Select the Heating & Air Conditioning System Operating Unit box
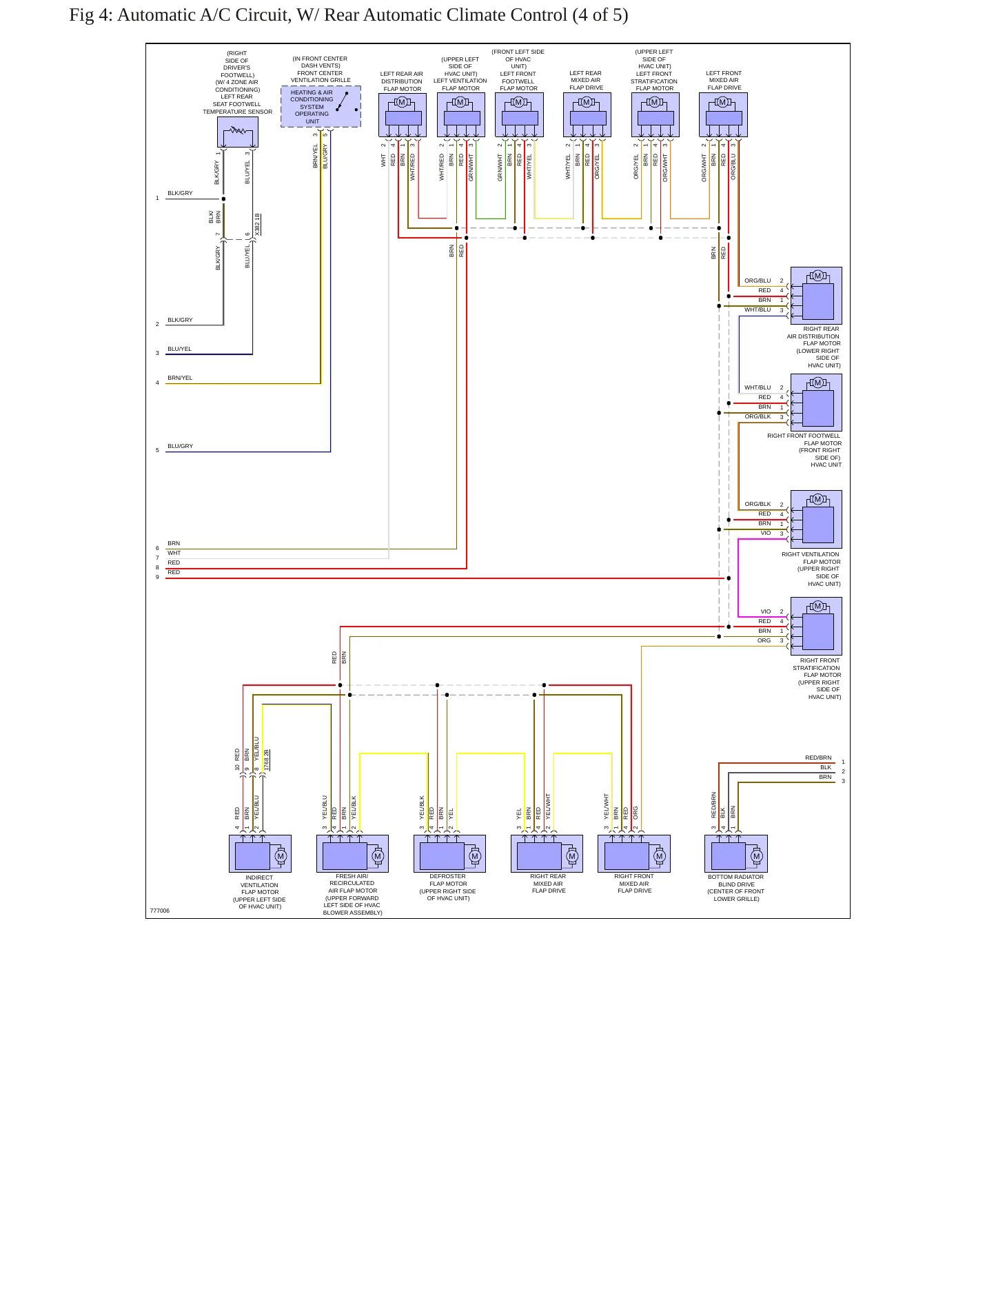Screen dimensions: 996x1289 point(321,107)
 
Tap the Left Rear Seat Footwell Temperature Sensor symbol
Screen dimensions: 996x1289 point(238,132)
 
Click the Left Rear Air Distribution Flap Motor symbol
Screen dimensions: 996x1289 point(403,115)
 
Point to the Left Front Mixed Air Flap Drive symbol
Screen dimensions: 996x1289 point(723,115)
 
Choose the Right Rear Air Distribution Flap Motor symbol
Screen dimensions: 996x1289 point(816,296)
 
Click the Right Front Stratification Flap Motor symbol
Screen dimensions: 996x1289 point(816,626)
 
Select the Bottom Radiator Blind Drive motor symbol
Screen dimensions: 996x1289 point(736,854)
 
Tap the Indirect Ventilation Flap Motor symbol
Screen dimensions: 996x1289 point(260,854)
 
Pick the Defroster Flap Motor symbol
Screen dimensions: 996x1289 point(449,854)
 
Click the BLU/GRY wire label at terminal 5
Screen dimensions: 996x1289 point(181,446)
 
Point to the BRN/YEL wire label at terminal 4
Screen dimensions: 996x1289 point(180,378)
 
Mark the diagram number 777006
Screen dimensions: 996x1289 point(160,911)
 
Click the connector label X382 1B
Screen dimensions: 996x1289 point(257,225)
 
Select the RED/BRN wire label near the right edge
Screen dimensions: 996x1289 point(818,758)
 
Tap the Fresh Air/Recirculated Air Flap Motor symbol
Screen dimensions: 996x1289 point(352,854)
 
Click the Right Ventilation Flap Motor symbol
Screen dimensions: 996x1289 point(816,519)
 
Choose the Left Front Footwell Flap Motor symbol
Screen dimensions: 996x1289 point(519,115)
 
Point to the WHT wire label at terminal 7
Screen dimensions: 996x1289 point(174,553)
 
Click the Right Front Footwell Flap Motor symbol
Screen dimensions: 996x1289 point(816,403)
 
